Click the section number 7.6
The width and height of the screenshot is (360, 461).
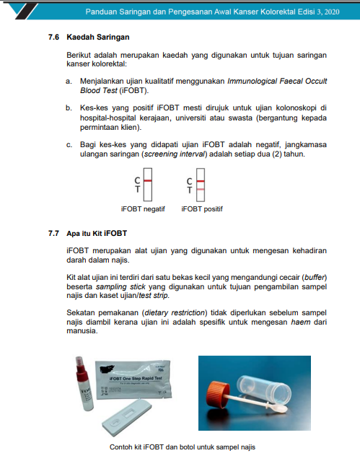(x=53, y=37)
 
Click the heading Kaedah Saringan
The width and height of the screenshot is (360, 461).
(x=98, y=37)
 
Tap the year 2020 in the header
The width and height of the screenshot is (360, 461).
(x=331, y=12)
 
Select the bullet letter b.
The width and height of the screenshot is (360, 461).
(x=69, y=108)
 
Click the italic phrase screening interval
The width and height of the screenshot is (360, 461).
(x=175, y=154)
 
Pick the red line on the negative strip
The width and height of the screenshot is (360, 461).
(x=148, y=180)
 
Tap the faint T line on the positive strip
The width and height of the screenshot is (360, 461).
(x=201, y=189)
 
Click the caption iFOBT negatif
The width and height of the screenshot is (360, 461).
(x=143, y=209)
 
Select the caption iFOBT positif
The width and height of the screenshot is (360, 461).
(x=202, y=209)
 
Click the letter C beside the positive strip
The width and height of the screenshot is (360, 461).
(x=190, y=181)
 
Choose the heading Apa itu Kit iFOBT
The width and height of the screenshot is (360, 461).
(x=97, y=234)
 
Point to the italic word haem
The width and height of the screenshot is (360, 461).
(x=301, y=322)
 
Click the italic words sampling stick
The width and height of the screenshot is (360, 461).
(x=120, y=286)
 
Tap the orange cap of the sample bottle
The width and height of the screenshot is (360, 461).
(x=218, y=393)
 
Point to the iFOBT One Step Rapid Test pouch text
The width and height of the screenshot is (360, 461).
(x=136, y=378)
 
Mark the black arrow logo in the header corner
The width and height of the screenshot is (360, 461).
(x=22, y=11)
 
